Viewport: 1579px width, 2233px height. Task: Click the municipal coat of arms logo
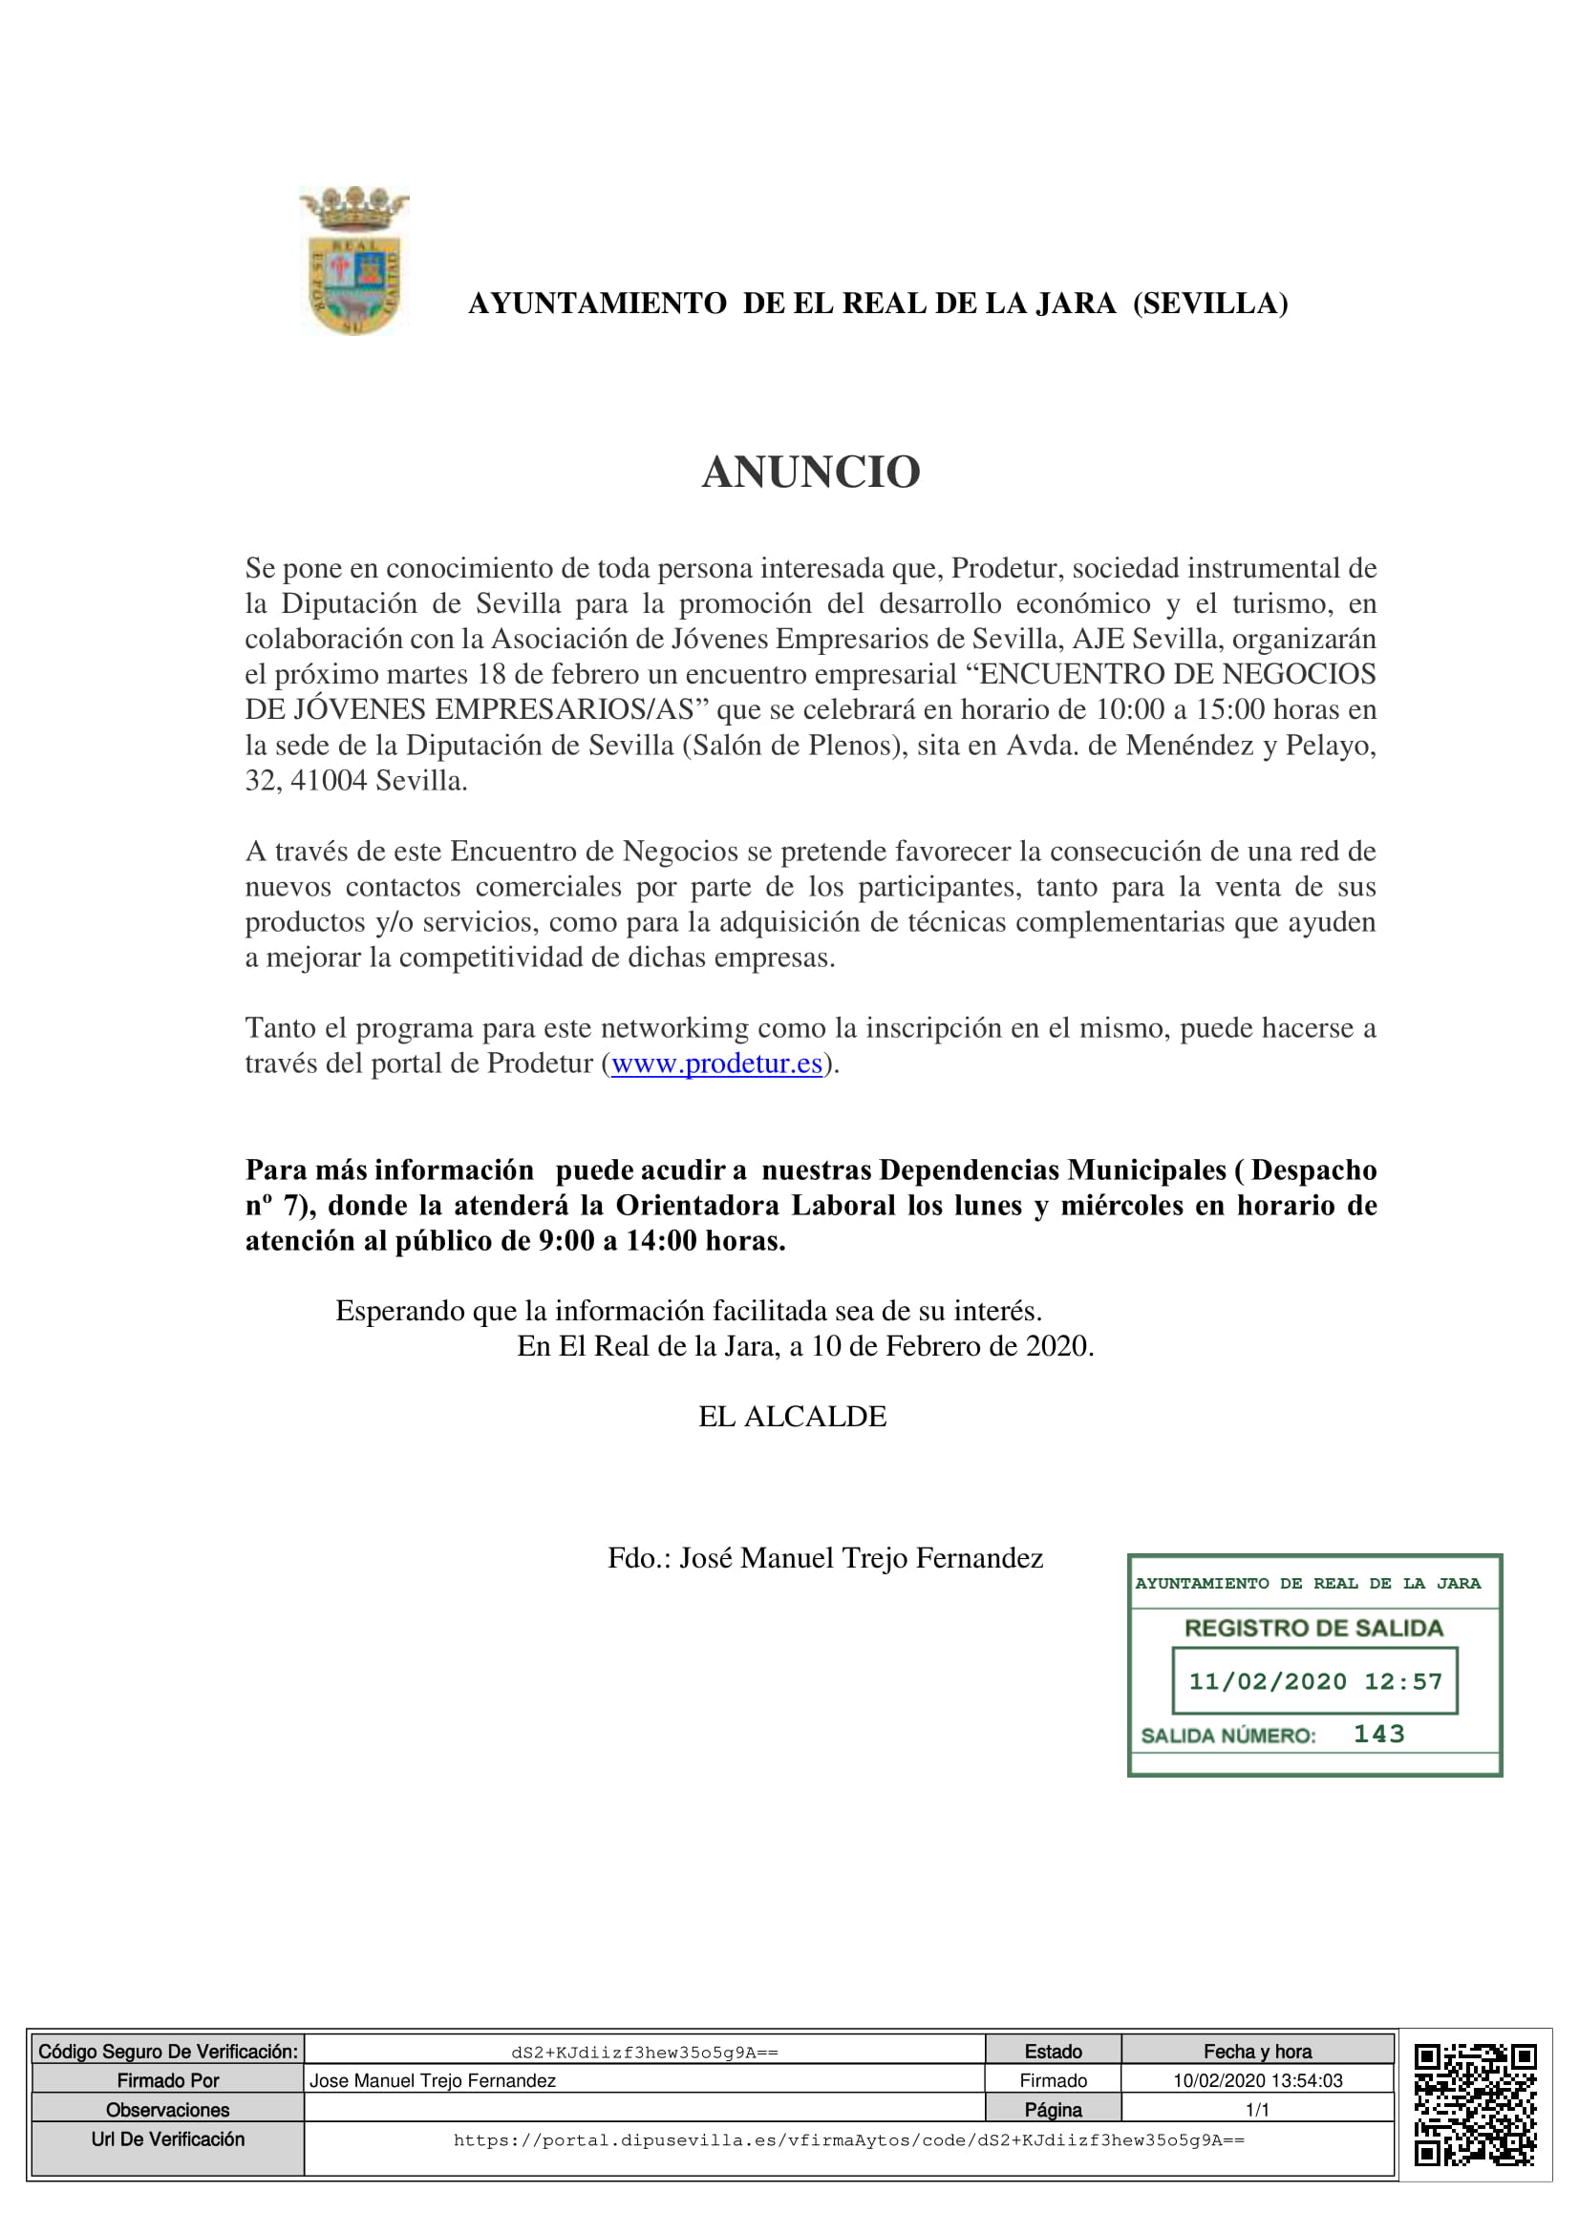click(354, 261)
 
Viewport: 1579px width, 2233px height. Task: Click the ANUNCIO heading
click(810, 473)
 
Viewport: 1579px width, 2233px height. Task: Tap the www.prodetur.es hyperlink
click(716, 1063)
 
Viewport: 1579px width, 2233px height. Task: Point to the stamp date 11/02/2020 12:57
click(1314, 1681)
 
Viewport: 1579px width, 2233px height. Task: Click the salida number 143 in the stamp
click(1378, 1734)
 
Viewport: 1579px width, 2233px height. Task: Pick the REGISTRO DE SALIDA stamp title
click(1313, 1628)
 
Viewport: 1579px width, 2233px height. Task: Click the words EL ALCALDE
click(792, 1416)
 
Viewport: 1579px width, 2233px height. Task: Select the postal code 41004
click(329, 780)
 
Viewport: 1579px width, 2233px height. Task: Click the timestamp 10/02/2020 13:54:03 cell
click(1257, 2080)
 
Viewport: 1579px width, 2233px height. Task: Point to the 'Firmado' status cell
click(1053, 2080)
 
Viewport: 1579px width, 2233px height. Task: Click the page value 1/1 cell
click(1257, 2110)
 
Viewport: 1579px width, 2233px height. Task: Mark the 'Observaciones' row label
click(167, 2110)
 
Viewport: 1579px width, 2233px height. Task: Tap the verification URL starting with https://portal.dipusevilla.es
click(848, 2140)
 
